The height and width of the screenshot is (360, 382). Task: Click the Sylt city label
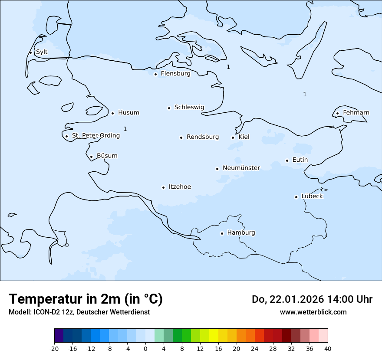click(42, 52)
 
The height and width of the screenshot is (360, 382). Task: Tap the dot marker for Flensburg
click(155, 74)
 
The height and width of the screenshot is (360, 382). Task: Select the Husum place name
click(128, 113)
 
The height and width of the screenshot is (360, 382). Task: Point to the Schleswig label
click(189, 107)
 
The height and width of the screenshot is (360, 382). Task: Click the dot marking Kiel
click(233, 137)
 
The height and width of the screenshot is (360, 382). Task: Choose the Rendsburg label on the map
click(203, 137)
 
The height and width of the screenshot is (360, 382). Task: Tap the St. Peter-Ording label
click(95, 135)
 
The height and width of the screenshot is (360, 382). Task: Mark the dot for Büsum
click(91, 157)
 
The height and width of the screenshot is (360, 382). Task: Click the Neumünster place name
click(241, 168)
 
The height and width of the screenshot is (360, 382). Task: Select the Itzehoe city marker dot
click(163, 187)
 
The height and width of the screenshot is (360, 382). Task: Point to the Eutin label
click(300, 160)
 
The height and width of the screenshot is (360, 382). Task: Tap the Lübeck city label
click(312, 196)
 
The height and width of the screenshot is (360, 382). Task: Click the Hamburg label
click(241, 232)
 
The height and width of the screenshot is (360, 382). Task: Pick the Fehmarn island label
click(356, 113)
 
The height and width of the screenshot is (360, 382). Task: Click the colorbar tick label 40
click(328, 349)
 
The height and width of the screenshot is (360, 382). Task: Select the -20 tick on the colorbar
click(54, 349)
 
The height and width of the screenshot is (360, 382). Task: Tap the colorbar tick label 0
click(145, 349)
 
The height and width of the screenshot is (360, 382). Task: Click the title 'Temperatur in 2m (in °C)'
click(86, 299)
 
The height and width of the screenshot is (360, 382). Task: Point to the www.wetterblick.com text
click(313, 312)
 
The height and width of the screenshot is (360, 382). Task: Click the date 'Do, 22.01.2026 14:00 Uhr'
click(312, 299)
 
